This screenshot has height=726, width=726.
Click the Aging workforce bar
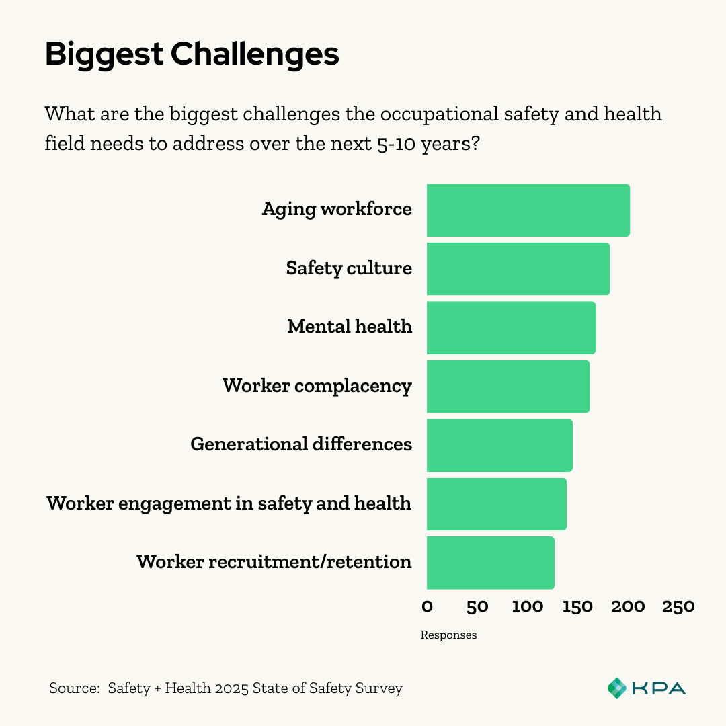[x=528, y=210]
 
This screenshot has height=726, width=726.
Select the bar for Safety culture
[x=518, y=269]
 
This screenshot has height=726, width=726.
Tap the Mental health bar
[x=511, y=327]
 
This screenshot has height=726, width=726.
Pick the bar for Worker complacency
[x=508, y=387]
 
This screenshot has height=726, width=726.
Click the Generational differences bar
[x=499, y=445]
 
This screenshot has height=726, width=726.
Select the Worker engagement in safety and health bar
[x=496, y=503]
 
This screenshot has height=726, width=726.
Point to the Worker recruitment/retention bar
[x=490, y=563]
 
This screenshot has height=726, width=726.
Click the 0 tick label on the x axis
[x=427, y=607]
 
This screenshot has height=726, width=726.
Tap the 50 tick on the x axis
[x=477, y=607]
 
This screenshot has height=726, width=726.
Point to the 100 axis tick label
[x=527, y=607]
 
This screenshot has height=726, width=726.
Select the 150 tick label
[x=577, y=607]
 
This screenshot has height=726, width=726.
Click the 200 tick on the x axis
[x=628, y=607]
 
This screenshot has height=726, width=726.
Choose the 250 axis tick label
[x=678, y=607]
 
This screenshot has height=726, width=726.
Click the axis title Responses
[x=448, y=635]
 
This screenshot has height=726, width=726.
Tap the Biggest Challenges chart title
[x=192, y=54]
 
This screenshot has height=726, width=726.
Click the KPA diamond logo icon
[x=616, y=688]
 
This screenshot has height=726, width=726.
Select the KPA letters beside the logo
[x=658, y=688]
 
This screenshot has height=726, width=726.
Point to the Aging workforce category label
[x=337, y=209]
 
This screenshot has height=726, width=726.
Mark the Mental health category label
[x=350, y=327]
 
